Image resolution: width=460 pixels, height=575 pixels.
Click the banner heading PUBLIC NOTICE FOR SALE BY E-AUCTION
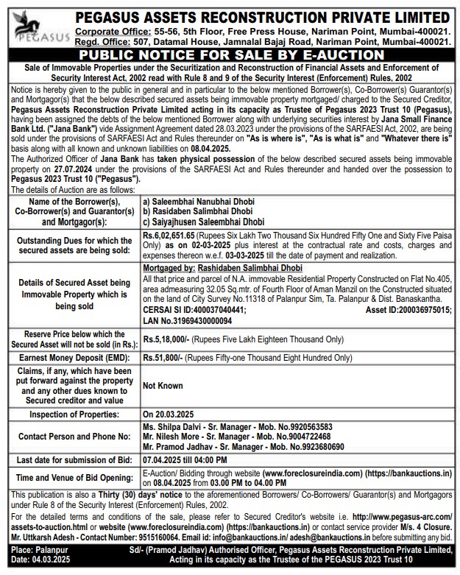click(x=231, y=54)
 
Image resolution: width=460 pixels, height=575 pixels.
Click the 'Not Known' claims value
click(x=163, y=385)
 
